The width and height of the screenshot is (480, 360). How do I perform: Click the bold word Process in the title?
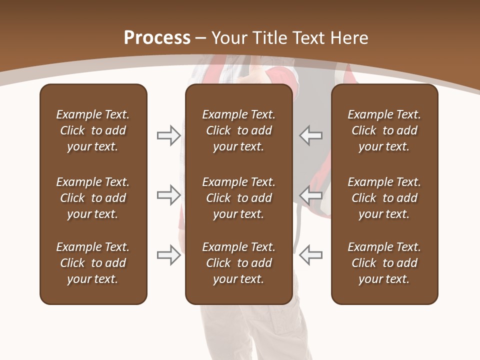click(157, 38)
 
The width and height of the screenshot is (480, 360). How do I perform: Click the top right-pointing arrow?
click(169, 135)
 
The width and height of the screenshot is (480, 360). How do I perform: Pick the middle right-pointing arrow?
click(169, 195)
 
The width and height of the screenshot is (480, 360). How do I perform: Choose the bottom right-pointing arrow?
click(169, 254)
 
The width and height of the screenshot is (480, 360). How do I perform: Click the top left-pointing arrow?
click(310, 135)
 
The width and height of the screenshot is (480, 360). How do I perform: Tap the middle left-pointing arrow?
click(310, 195)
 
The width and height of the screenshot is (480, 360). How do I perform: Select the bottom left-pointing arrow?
click(310, 254)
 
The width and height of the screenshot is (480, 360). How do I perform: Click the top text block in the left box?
click(93, 130)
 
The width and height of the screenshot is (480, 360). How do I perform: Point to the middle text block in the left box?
click(93, 198)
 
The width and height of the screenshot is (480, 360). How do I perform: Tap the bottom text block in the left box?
click(93, 263)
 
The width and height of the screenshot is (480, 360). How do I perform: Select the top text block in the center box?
click(238, 130)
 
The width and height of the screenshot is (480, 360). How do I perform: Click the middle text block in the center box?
click(238, 198)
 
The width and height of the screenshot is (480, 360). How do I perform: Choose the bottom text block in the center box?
click(238, 263)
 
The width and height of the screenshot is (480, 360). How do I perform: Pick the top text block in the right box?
click(384, 130)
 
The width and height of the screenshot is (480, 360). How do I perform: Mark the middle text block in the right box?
click(384, 198)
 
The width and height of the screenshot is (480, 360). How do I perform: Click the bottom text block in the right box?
click(384, 263)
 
